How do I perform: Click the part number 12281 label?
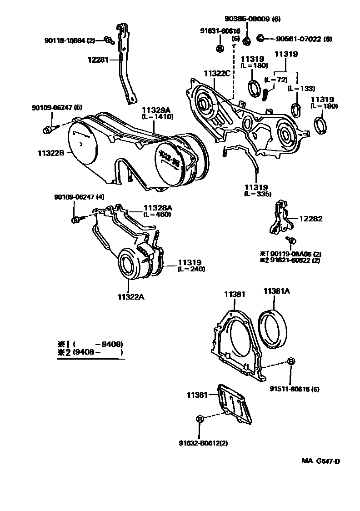pos(99,59)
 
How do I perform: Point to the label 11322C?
pos(217,73)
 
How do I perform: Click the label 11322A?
pos(130,297)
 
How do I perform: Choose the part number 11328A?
pos(159,207)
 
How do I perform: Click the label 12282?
pos(310,219)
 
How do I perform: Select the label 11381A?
pos(276,291)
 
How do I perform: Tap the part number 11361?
pos(196,395)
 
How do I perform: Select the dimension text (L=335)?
pos(257,194)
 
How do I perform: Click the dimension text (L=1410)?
pos(157,116)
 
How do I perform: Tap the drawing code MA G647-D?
pos(320,461)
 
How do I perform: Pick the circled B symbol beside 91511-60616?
pos(291,361)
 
